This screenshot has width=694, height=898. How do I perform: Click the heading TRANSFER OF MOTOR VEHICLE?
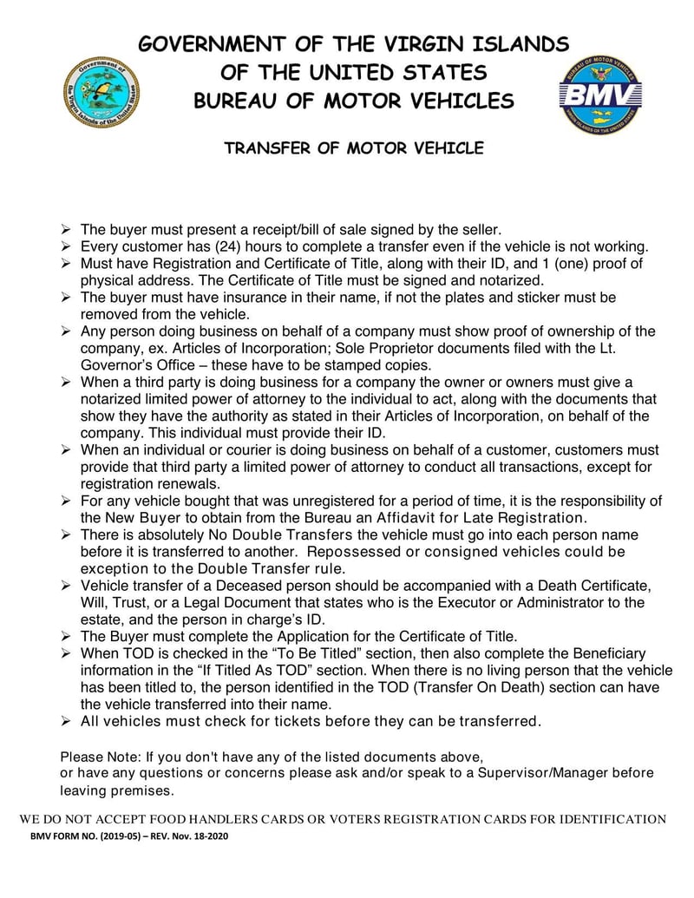(x=354, y=148)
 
